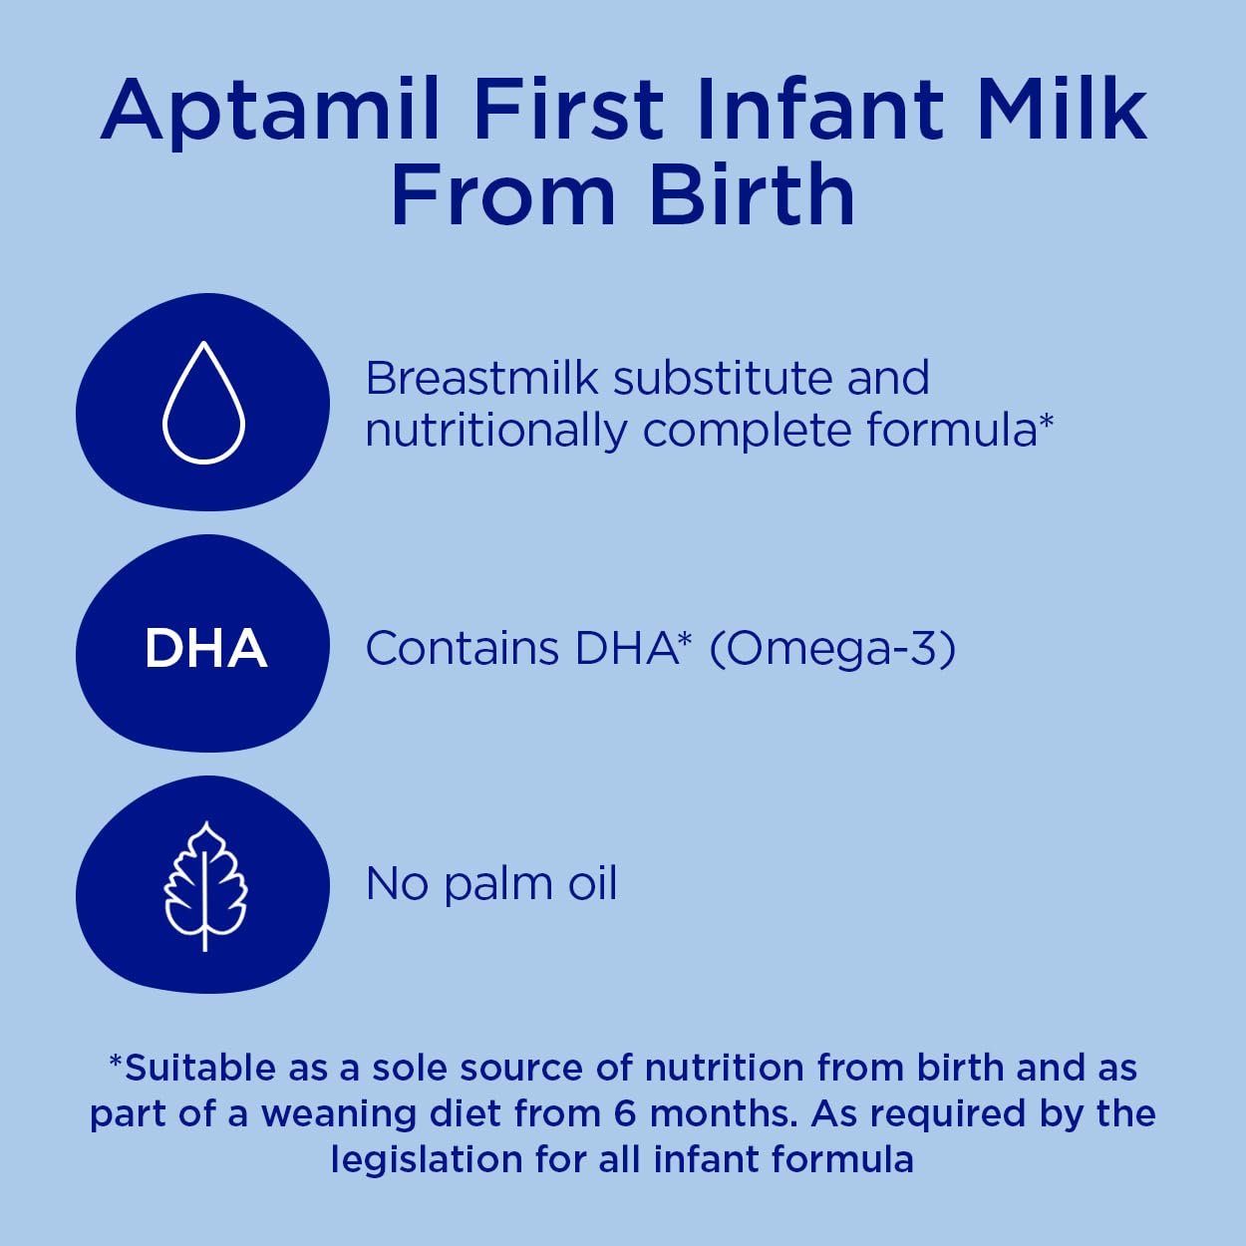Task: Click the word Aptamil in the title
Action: pos(271,110)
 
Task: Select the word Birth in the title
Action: pos(753,194)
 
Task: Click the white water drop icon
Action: pos(203,403)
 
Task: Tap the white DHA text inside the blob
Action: pos(205,648)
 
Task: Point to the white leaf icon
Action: pos(204,886)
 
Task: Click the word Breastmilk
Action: pos(482,379)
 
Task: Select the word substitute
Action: pos(722,379)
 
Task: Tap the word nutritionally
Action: pos(495,431)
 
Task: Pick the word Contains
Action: pos(462,649)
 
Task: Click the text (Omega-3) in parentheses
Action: pos(832,649)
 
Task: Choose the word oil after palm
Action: pos(592,883)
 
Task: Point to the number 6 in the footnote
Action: pos(625,1113)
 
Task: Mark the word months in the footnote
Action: pos(723,1113)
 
